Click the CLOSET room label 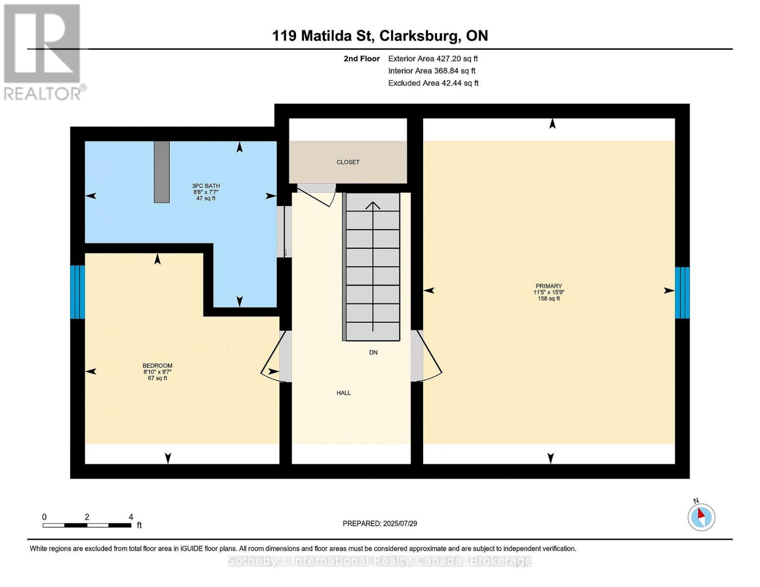tap(347, 162)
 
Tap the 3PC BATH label tap(206, 186)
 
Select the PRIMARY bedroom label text tap(549, 286)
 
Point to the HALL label tap(344, 393)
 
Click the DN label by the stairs tap(373, 352)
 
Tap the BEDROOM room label tap(158, 366)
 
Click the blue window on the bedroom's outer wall tap(77, 292)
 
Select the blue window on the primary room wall tap(682, 293)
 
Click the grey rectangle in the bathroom tap(162, 172)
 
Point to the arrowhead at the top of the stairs tap(373, 205)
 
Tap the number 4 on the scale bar tap(131, 517)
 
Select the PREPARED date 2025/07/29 tap(400, 523)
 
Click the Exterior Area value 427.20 tap(448, 59)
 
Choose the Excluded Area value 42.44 tap(451, 83)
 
